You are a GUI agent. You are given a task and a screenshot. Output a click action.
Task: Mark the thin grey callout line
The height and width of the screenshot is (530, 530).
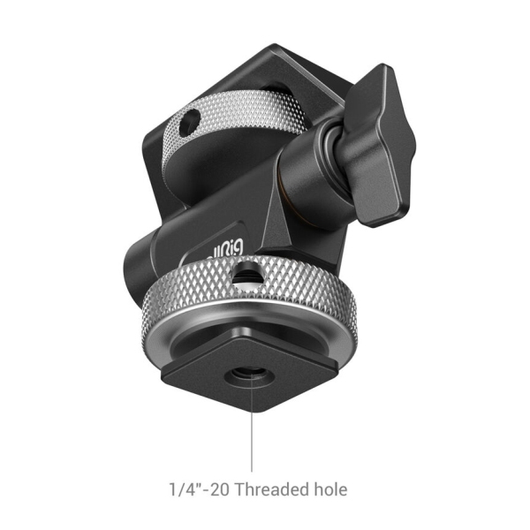coord(252,433)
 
